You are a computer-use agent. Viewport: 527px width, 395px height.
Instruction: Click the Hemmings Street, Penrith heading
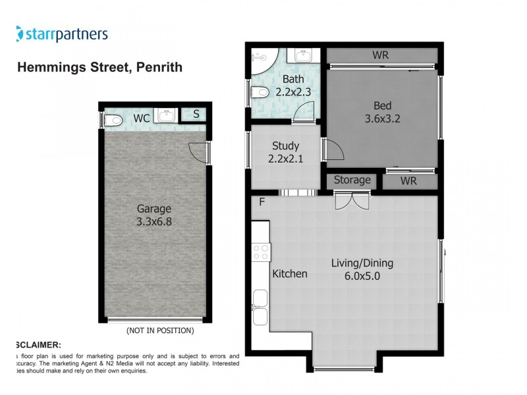99,67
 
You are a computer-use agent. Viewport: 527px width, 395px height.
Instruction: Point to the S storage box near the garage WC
196,115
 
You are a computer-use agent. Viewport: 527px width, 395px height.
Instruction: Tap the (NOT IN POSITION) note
159,330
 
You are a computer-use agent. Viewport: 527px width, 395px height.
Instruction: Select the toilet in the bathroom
258,96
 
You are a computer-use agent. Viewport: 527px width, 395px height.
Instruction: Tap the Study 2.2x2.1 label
285,152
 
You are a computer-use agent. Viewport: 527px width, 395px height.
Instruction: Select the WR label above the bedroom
381,55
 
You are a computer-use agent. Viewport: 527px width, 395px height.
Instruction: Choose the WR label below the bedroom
409,180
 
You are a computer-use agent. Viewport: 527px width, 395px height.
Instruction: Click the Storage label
352,180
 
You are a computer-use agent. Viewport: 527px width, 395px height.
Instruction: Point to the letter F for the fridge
262,201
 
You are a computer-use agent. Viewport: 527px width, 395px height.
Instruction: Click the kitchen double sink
261,307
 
